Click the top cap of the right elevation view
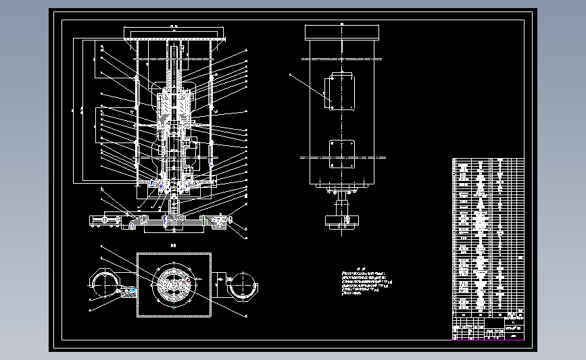tap(343, 32)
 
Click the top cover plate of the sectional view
tap(174, 32)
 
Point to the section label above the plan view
tap(174, 245)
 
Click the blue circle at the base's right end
tap(231, 220)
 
